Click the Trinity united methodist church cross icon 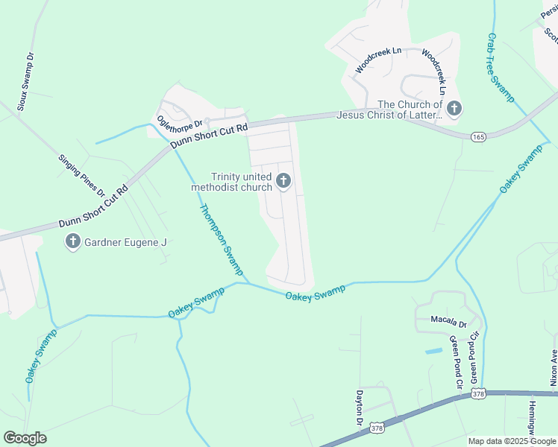click(283, 180)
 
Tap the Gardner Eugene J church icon click(73, 241)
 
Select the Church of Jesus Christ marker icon click(454, 110)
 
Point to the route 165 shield click(480, 136)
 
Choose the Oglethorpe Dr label click(179, 118)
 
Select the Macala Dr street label click(448, 325)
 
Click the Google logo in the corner click(25, 438)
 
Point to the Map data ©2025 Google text click(512, 441)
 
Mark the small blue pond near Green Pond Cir click(433, 349)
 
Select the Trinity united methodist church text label click(232, 182)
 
